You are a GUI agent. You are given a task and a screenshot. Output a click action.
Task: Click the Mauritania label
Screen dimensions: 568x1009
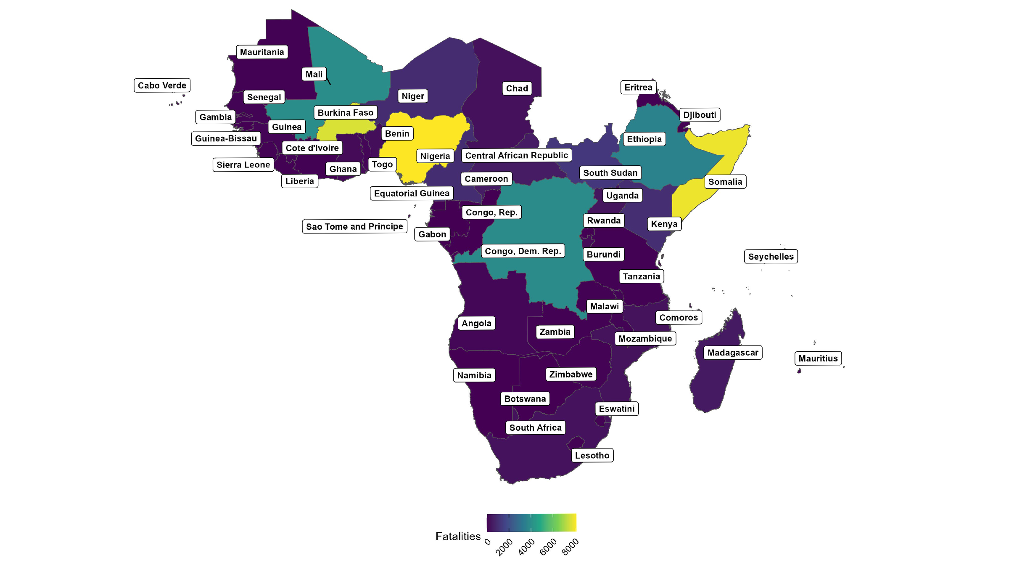tap(262, 52)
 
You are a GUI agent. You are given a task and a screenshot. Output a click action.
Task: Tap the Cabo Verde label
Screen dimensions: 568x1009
tap(162, 85)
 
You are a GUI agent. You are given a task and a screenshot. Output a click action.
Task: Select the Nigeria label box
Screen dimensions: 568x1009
tap(435, 156)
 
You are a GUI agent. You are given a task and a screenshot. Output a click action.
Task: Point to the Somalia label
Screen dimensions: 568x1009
tap(725, 182)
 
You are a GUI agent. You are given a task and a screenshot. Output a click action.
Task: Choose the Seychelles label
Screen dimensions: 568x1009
tap(771, 257)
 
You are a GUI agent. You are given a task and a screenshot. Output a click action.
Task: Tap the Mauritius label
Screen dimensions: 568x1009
tap(818, 358)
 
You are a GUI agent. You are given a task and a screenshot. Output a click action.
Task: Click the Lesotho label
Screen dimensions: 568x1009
tap(592, 455)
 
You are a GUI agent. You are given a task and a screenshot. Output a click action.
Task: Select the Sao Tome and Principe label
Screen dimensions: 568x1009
tap(354, 226)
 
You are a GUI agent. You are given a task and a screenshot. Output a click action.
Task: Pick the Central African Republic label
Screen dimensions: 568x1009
tap(516, 155)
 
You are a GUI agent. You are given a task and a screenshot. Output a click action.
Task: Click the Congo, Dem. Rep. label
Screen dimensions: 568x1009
tap(523, 251)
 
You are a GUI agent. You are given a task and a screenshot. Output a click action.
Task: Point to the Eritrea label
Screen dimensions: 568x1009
tap(638, 88)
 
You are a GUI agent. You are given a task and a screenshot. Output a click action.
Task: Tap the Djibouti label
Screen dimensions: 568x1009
tap(699, 115)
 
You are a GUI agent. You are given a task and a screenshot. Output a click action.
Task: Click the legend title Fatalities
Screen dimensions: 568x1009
tap(458, 536)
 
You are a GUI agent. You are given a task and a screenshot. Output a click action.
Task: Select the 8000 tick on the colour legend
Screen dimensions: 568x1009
tap(571, 547)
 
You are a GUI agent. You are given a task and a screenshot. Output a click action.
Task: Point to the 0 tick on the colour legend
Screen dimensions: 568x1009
tap(488, 542)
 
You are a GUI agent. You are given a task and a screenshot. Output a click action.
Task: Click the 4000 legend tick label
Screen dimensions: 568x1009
tap(526, 547)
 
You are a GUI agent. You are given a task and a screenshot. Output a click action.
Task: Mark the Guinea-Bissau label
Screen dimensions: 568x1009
tap(226, 138)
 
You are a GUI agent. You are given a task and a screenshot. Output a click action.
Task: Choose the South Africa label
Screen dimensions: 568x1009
tap(535, 427)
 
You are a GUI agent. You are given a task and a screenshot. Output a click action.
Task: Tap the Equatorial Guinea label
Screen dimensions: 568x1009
tap(412, 193)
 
